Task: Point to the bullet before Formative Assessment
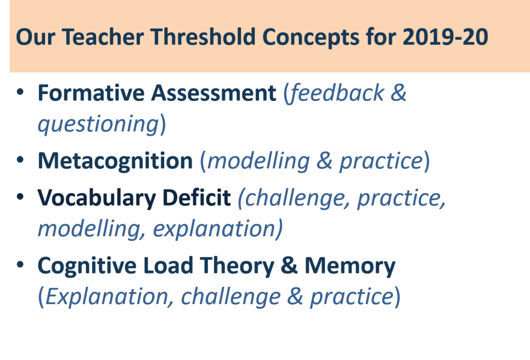(x=20, y=93)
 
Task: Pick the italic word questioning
(x=98, y=125)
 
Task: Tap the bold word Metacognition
(x=115, y=162)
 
